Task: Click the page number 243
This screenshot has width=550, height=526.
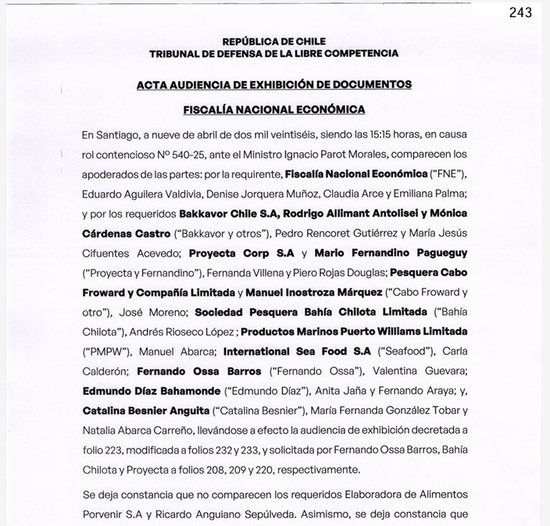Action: tap(520, 12)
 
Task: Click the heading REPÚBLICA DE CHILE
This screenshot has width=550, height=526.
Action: tap(274, 41)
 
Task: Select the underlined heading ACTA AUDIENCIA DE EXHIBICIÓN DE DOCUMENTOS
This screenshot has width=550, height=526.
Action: tap(274, 84)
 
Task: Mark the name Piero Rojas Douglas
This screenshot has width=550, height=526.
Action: tap(337, 272)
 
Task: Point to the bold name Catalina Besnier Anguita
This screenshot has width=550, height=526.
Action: tap(145, 411)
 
